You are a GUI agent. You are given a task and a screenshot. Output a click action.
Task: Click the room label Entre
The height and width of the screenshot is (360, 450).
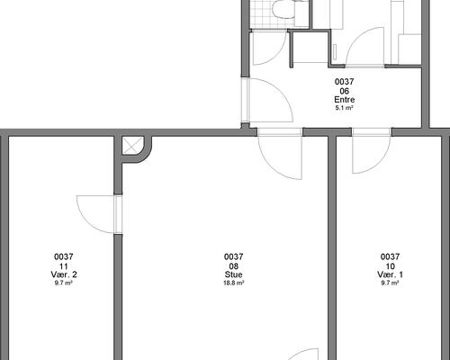pos(345,100)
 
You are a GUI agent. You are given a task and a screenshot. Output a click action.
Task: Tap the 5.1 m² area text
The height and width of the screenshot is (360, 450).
pos(345,108)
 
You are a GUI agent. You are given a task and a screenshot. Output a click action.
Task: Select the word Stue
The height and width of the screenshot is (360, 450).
pos(234,274)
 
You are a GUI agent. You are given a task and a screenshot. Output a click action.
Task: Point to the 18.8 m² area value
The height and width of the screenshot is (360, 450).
pos(234,283)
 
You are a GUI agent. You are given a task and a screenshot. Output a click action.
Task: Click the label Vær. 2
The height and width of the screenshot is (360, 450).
pos(64,274)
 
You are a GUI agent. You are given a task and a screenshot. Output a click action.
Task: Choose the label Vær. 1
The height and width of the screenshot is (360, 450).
pos(390,274)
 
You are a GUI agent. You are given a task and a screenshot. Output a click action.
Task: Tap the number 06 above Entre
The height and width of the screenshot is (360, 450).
pos(345,91)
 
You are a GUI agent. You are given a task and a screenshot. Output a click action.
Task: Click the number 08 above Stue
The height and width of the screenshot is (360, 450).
pos(234,266)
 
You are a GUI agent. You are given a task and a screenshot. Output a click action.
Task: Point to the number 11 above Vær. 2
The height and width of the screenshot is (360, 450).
pos(64,266)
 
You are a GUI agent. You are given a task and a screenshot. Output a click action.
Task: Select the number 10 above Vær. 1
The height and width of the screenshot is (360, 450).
pos(390,266)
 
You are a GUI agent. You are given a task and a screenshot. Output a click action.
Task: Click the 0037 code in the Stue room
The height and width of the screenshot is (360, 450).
pos(234,256)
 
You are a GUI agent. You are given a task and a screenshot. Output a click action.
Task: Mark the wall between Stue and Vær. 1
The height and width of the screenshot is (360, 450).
pos(331,247)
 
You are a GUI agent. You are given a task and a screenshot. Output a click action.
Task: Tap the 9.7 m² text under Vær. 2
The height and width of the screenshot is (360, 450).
pos(64,283)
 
